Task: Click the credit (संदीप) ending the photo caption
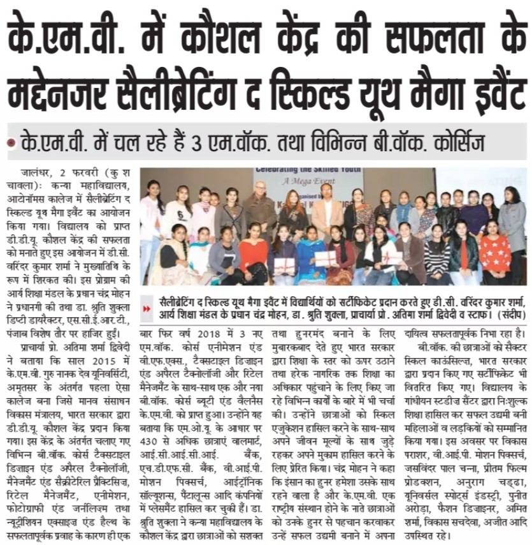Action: click(508, 314)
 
